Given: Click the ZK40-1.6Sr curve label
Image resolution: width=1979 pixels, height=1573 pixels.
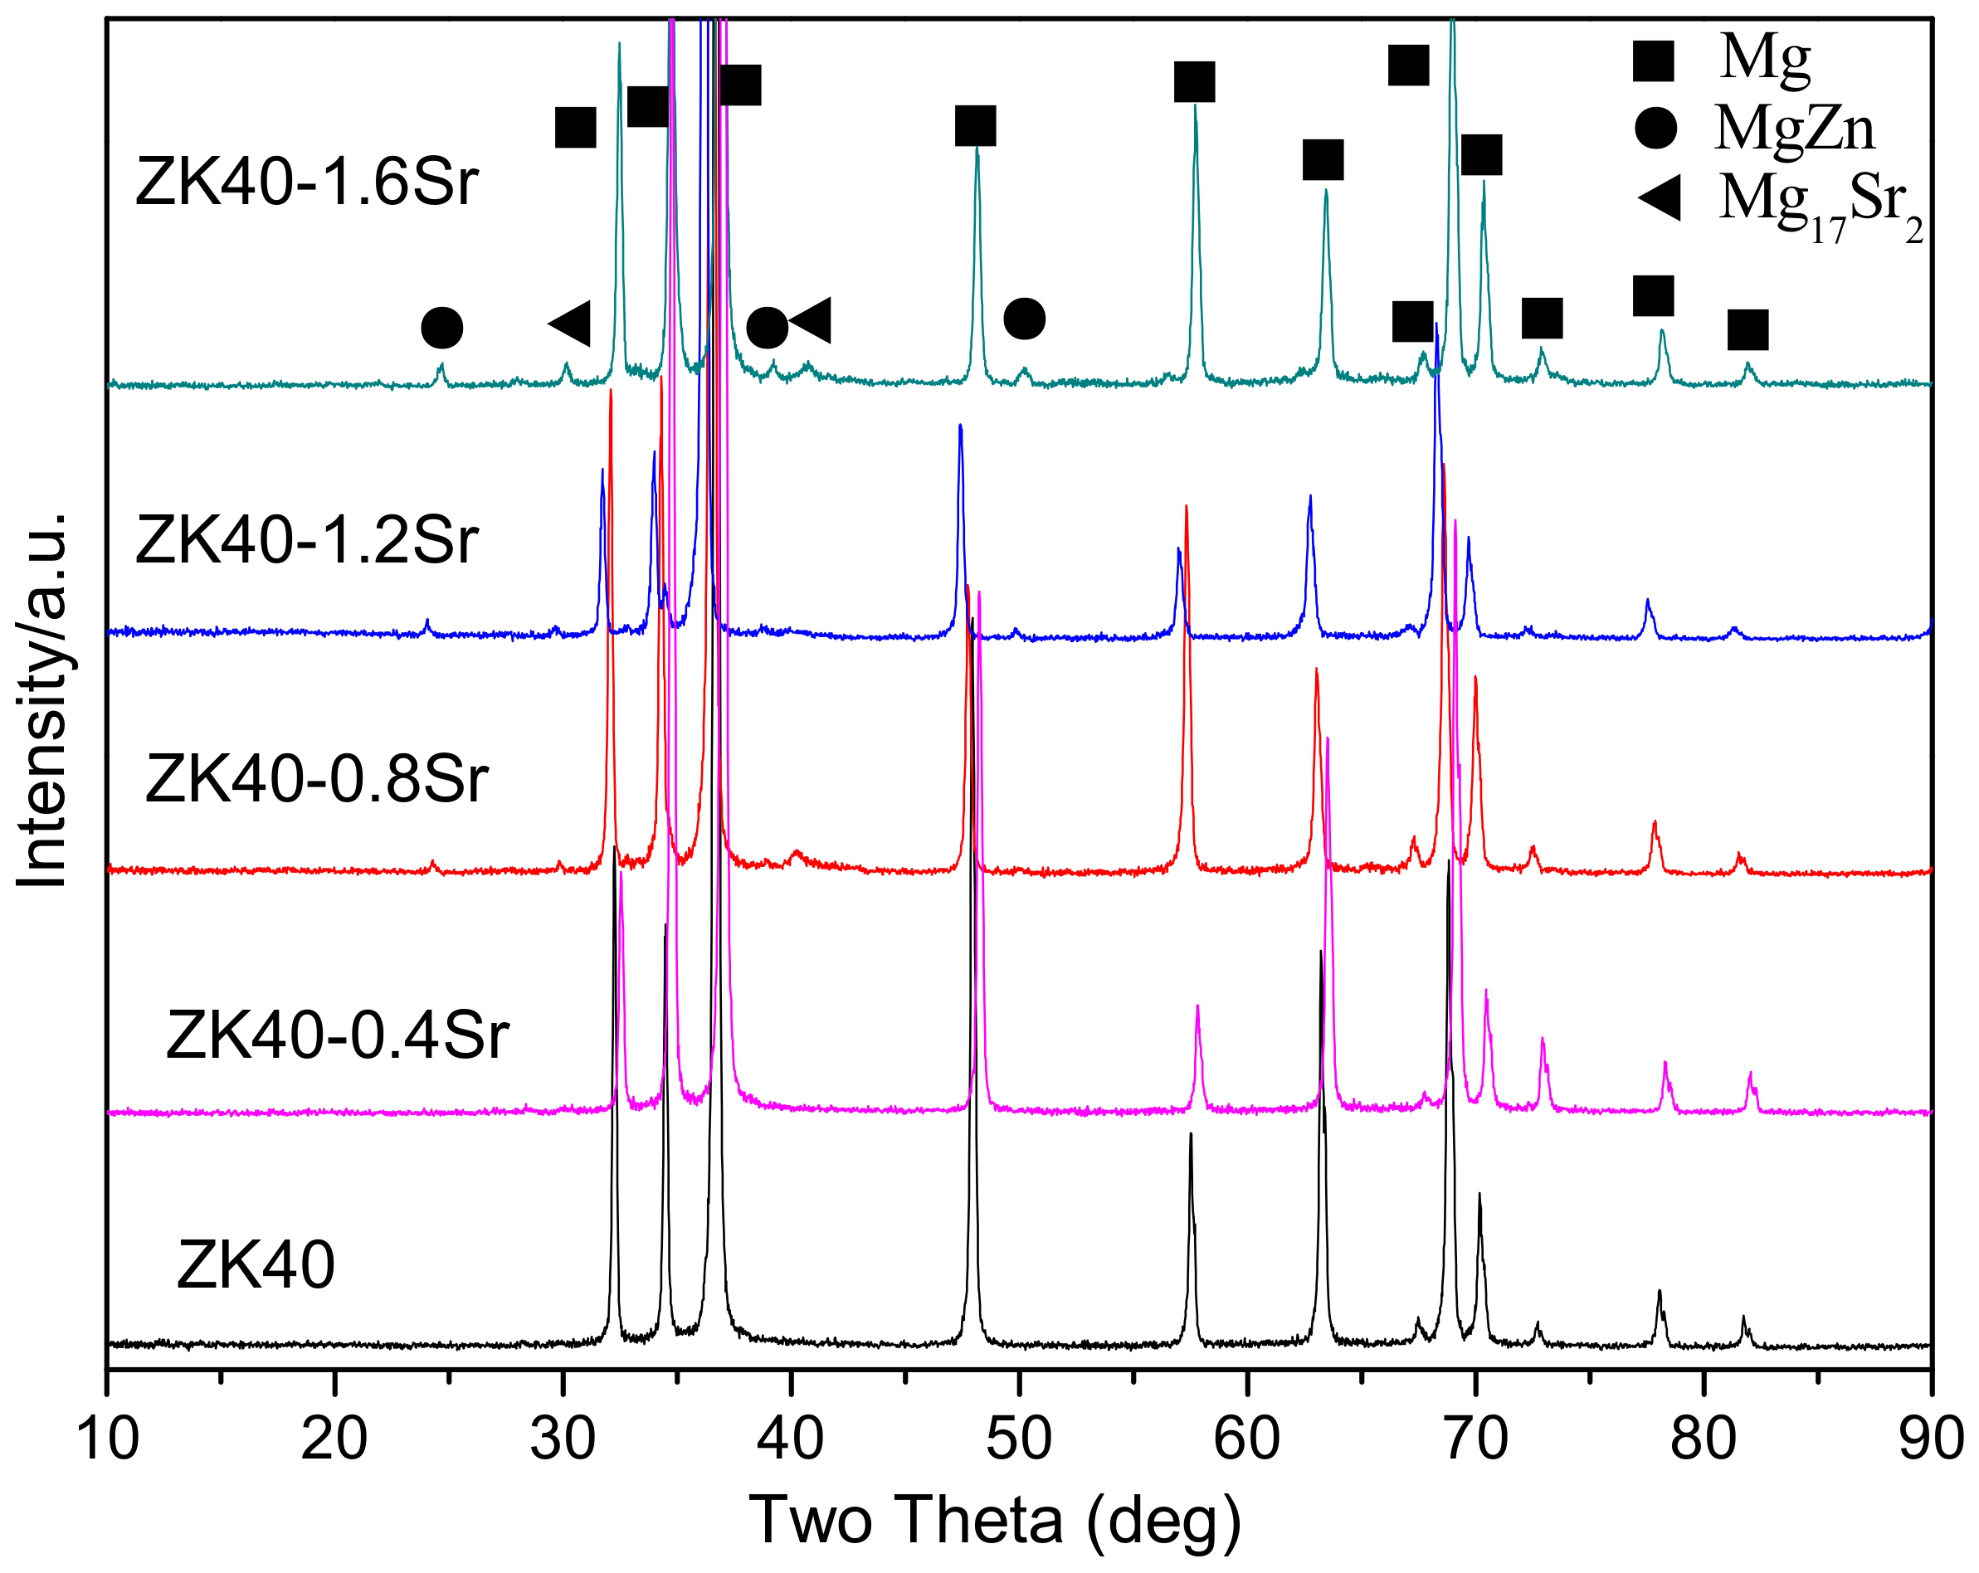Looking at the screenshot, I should (306, 182).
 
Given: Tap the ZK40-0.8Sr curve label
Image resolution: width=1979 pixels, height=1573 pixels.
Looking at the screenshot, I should (317, 779).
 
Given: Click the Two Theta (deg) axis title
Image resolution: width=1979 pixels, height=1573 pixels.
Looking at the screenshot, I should (995, 1521).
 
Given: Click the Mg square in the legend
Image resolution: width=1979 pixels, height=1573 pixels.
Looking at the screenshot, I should (1653, 60).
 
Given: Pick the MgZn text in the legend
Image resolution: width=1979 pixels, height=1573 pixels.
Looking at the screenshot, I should (1795, 128).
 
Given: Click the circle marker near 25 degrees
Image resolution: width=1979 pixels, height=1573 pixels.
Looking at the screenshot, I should (441, 328).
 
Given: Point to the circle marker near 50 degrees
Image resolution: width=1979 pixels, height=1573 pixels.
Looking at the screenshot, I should (1025, 319).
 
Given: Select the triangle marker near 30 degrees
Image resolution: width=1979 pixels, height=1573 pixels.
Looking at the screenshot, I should (569, 322).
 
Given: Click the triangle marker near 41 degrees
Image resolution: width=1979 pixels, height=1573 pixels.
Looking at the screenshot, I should (811, 320).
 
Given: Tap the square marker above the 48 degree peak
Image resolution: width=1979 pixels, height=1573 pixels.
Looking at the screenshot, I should (975, 126).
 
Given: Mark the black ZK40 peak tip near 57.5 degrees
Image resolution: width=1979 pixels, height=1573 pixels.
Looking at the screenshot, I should (1191, 1135).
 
